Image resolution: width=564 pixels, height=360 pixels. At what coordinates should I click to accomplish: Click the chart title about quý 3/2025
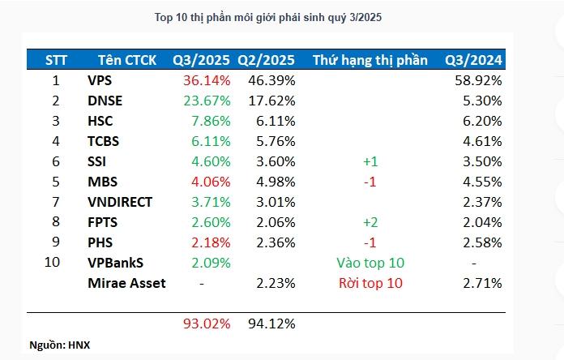281,17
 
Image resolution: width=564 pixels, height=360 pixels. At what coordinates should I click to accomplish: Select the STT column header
56,60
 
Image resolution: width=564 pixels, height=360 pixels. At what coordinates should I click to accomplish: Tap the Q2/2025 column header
266,60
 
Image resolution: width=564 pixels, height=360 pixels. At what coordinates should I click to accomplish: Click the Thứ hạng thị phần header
370,60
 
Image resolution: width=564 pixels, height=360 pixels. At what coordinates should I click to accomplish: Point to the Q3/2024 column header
473,60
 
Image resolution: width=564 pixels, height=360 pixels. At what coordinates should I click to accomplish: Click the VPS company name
100,80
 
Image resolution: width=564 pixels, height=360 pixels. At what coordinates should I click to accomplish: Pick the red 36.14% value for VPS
207,80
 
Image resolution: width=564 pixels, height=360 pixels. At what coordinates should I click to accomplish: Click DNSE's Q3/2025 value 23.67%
207,101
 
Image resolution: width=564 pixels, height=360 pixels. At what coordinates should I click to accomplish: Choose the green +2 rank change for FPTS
370,222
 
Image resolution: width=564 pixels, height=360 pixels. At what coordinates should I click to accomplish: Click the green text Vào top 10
370,263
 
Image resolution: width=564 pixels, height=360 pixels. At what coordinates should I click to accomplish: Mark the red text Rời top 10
370,283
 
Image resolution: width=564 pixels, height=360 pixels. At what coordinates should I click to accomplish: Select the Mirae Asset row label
126,283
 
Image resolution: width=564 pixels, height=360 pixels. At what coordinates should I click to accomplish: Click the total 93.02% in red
207,324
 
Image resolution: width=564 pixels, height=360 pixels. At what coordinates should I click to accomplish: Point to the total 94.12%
271,324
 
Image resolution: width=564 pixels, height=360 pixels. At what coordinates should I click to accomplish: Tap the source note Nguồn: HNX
60,345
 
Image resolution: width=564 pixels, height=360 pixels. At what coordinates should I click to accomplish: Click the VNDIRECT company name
120,202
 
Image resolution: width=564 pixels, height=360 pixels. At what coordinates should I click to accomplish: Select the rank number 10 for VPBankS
56,263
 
